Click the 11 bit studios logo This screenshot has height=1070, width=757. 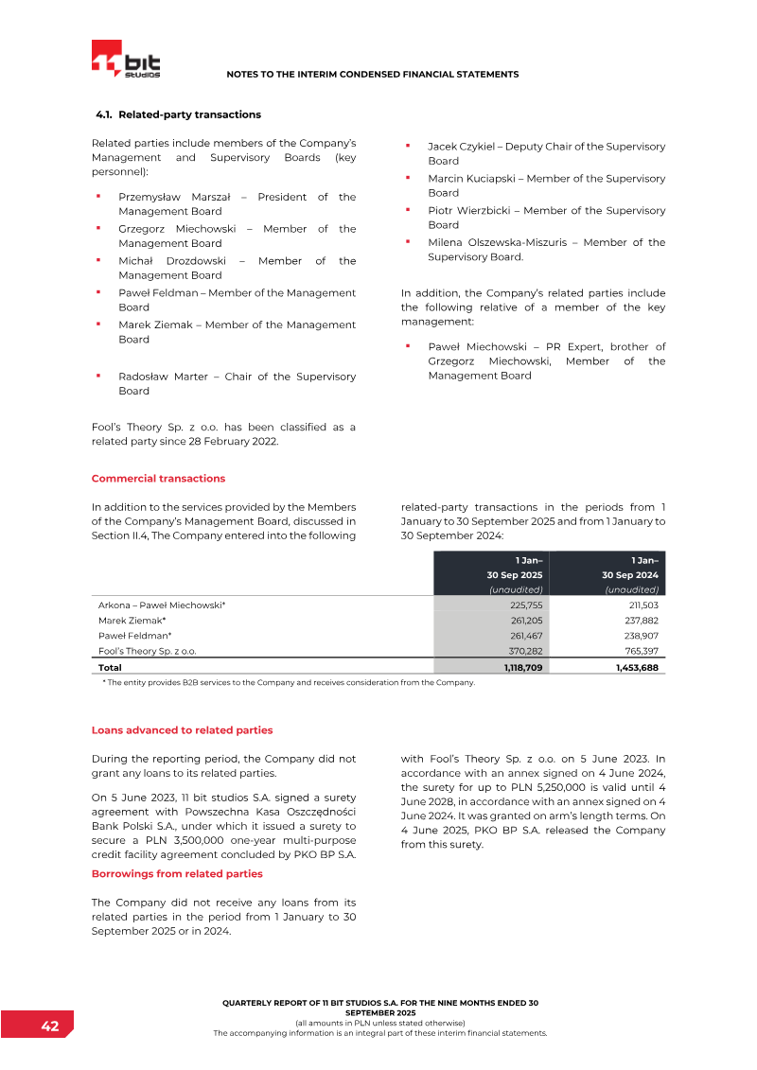coord(126,60)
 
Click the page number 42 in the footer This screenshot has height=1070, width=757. coord(50,1026)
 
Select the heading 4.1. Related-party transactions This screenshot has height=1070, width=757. coord(178,114)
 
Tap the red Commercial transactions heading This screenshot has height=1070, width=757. coord(158,478)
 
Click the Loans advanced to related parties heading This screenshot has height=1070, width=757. coord(182,730)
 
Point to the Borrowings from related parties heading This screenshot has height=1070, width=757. coord(177,873)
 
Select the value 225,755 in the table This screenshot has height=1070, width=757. coord(525,604)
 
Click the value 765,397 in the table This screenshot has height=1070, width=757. coord(641,651)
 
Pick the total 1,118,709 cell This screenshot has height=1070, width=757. coord(522,667)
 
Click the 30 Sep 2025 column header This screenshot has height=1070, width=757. coord(515,574)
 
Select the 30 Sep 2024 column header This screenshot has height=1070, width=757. coord(630,574)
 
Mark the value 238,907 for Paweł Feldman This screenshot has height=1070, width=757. coord(641,636)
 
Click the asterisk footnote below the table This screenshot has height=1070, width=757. coord(289,681)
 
